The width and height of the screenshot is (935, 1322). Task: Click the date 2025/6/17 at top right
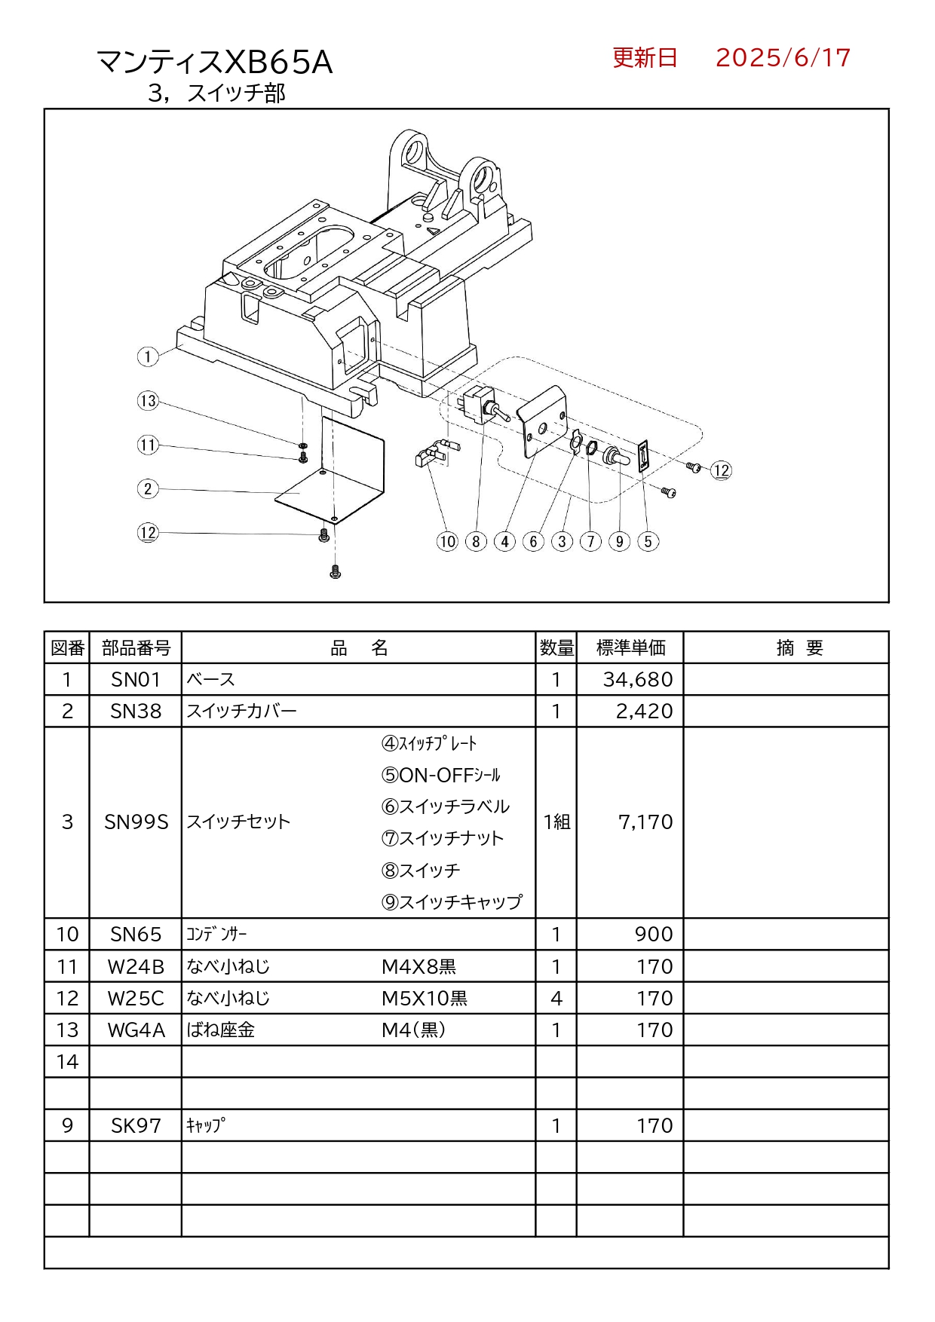pyautogui.click(x=782, y=58)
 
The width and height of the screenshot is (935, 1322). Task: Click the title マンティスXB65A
pyautogui.click(x=215, y=62)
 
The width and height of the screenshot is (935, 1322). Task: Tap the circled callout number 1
pyautogui.click(x=148, y=357)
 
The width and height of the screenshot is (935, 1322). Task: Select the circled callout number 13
pyautogui.click(x=148, y=401)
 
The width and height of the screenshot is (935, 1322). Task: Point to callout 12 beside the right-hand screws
pyautogui.click(x=722, y=471)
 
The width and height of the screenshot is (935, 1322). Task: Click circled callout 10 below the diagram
pyautogui.click(x=447, y=541)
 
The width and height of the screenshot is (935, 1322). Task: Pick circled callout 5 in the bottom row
pyautogui.click(x=648, y=541)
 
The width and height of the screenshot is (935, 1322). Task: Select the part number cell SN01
pyautogui.click(x=136, y=680)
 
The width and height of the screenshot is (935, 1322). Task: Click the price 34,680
pyautogui.click(x=637, y=680)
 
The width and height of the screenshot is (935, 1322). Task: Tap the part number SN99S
pyautogui.click(x=136, y=822)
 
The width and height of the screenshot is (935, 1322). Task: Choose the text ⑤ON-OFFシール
pyautogui.click(x=441, y=776)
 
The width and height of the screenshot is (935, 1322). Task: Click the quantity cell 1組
pyautogui.click(x=556, y=822)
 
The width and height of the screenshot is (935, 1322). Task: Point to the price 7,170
pyautogui.click(x=645, y=822)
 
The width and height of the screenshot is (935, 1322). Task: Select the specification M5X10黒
pyautogui.click(x=425, y=999)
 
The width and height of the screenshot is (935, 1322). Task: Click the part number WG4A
pyautogui.click(x=136, y=1030)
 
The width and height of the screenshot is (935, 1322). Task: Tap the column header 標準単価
pyautogui.click(x=630, y=648)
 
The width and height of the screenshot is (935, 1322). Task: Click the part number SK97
pyautogui.click(x=136, y=1126)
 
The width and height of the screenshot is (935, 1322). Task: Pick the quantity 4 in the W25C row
pyautogui.click(x=556, y=999)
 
